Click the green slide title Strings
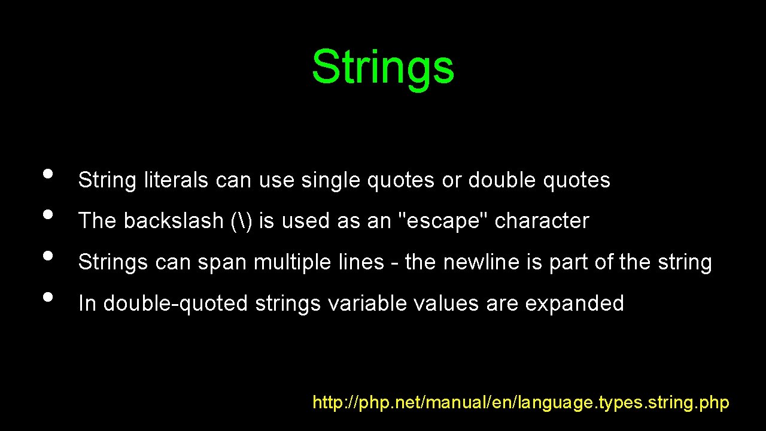pos(383,67)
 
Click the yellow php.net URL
pos(521,402)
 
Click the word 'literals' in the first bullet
pos(177,180)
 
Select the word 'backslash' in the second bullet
pos(174,221)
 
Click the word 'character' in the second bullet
pos(542,221)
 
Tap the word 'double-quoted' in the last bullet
pos(175,303)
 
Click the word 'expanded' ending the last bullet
pos(574,303)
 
